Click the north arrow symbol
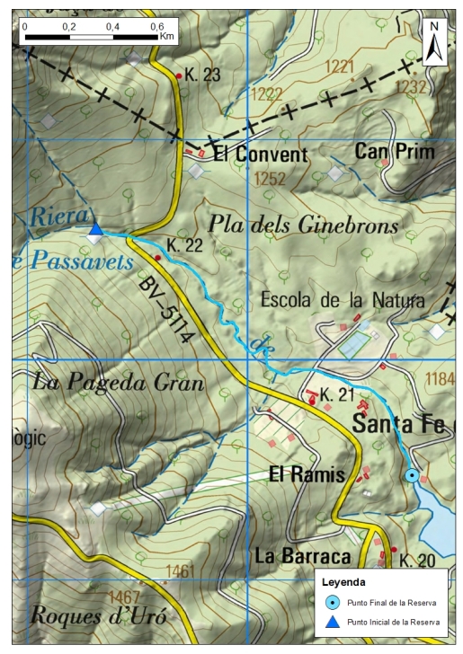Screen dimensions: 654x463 point(434,42)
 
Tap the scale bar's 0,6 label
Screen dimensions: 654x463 point(156,26)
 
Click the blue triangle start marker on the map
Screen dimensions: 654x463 point(95,230)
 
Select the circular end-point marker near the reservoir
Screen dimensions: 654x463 point(412,475)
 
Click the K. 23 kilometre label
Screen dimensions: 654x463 point(202,75)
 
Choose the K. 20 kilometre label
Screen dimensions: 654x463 point(417,561)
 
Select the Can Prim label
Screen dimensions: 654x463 point(394,151)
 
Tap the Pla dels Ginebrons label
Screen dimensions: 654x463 point(303,226)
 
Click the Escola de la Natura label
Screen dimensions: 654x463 point(342,300)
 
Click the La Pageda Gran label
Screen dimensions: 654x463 point(118,383)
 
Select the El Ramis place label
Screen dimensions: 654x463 point(307,474)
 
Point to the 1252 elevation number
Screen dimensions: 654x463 point(269,180)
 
